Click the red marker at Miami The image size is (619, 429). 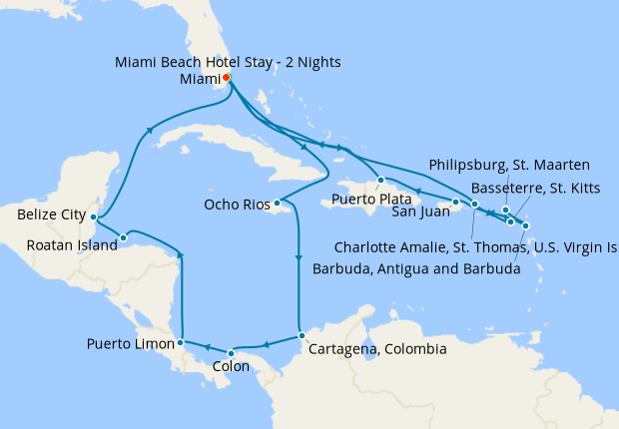click(227, 78)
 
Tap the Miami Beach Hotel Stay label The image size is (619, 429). click(227, 62)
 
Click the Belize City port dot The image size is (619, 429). click(93, 216)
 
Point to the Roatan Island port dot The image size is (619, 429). click(123, 237)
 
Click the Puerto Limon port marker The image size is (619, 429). click(180, 343)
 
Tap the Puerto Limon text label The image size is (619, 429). click(128, 344)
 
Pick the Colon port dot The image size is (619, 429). click(231, 353)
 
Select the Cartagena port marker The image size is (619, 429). click(301, 335)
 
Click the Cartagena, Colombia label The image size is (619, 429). click(377, 350)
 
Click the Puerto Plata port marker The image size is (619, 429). click(381, 181)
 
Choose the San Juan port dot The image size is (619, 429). click(455, 204)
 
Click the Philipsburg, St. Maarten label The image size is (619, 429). click(509, 164)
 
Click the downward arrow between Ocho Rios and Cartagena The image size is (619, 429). click(299, 261)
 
